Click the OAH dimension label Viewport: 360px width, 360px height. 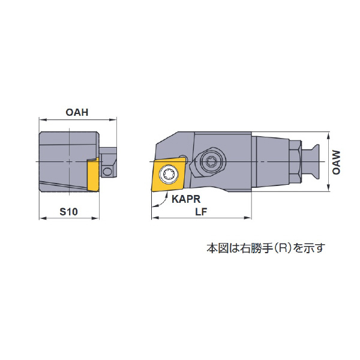pos(77,113)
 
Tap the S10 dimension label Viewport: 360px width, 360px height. pos(68,211)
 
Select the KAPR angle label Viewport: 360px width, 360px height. pos(186,199)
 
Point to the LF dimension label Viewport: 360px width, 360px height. pos(201,211)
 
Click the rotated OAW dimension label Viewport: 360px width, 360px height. pos(337,163)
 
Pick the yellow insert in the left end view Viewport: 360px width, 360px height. pos(94,174)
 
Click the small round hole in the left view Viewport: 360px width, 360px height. pos(107,171)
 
